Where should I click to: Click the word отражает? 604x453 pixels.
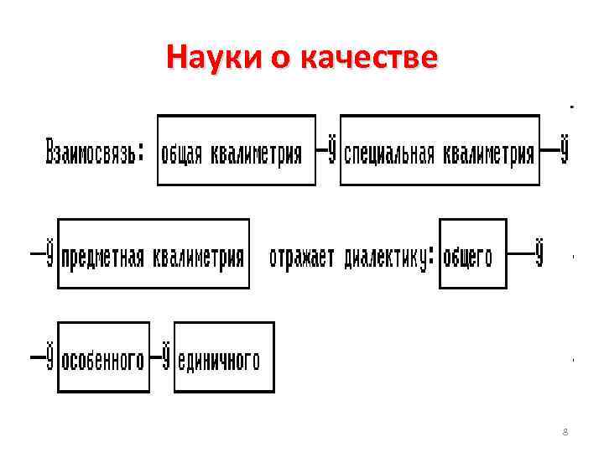click(302, 257)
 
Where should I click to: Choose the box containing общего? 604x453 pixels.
click(472, 253)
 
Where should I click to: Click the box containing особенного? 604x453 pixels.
click(103, 357)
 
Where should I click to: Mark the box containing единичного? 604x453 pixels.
click(223, 357)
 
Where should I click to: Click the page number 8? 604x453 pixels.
click(565, 432)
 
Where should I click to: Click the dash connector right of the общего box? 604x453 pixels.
click(528, 253)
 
